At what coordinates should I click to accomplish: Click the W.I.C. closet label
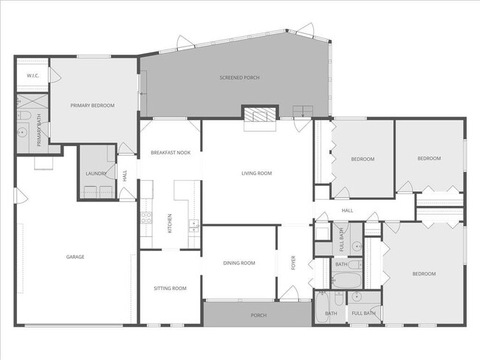[32, 75]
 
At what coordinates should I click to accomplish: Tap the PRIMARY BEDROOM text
[92, 105]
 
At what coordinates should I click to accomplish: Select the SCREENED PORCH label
[239, 77]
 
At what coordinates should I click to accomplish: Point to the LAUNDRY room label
[96, 174]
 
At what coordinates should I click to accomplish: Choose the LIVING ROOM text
[257, 173]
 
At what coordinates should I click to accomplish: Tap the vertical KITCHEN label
[170, 221]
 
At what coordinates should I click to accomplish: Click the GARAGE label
[75, 257]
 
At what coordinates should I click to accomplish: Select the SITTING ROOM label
[170, 288]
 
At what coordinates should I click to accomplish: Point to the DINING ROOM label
[239, 263]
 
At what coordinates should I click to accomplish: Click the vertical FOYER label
[293, 263]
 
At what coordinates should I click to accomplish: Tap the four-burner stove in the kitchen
[146, 218]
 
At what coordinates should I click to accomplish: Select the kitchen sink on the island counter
[193, 225]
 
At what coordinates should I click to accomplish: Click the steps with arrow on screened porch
[303, 111]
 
